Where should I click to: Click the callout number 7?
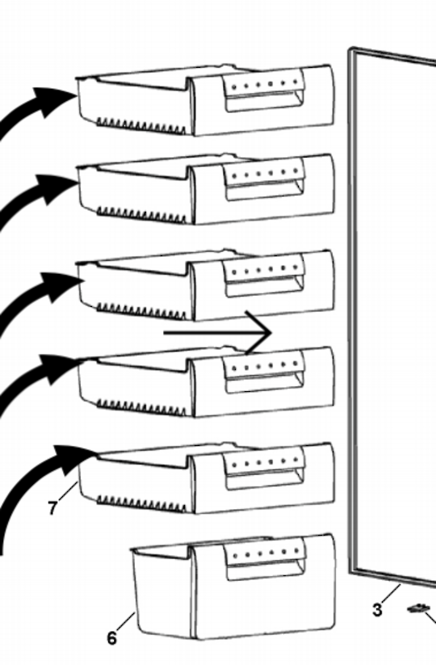point(52,508)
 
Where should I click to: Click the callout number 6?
point(112,638)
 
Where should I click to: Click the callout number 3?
point(377,610)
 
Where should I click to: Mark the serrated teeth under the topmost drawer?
point(141,125)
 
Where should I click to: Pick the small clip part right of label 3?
point(417,608)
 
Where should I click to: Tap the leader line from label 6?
point(126,621)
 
